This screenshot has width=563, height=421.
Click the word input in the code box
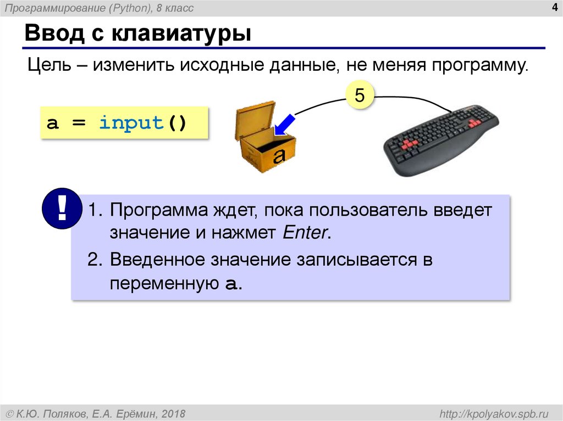(131, 122)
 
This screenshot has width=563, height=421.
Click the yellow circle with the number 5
(359, 96)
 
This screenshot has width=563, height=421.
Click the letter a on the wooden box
(280, 155)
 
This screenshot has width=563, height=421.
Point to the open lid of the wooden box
(255, 119)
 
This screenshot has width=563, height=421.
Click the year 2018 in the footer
(174, 413)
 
